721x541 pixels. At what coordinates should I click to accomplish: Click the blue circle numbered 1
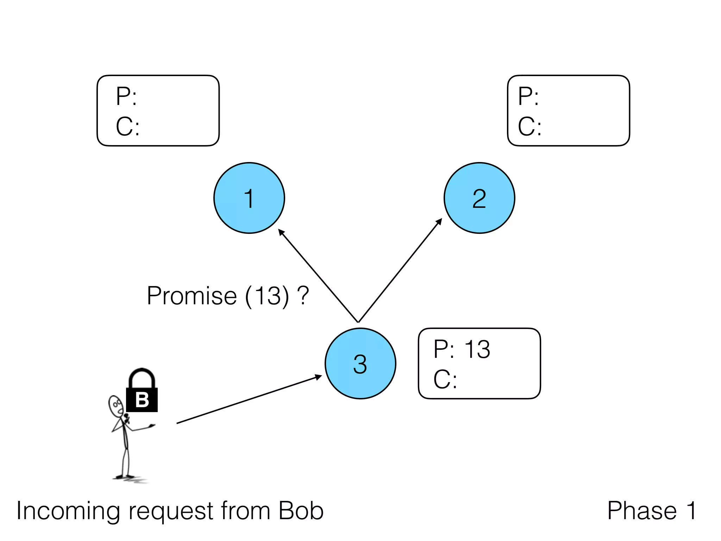[249, 198]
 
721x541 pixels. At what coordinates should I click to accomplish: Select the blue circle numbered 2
[479, 198]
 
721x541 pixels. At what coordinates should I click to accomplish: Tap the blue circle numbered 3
[360, 363]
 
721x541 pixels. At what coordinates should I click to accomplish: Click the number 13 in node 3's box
[477, 349]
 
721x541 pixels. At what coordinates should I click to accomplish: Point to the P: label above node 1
[126, 96]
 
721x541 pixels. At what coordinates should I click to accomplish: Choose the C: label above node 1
[127, 126]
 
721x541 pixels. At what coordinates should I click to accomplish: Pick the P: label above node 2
[528, 96]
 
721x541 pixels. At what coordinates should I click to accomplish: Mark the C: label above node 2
[529, 126]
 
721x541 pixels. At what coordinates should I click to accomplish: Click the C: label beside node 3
[445, 380]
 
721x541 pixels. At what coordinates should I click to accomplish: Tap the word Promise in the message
[192, 296]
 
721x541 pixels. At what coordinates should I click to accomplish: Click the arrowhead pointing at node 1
[281, 232]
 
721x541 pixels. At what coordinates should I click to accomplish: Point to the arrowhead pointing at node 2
[439, 222]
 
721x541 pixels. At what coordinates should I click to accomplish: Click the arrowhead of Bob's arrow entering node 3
[318, 377]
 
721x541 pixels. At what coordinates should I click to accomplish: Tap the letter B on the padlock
[142, 400]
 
